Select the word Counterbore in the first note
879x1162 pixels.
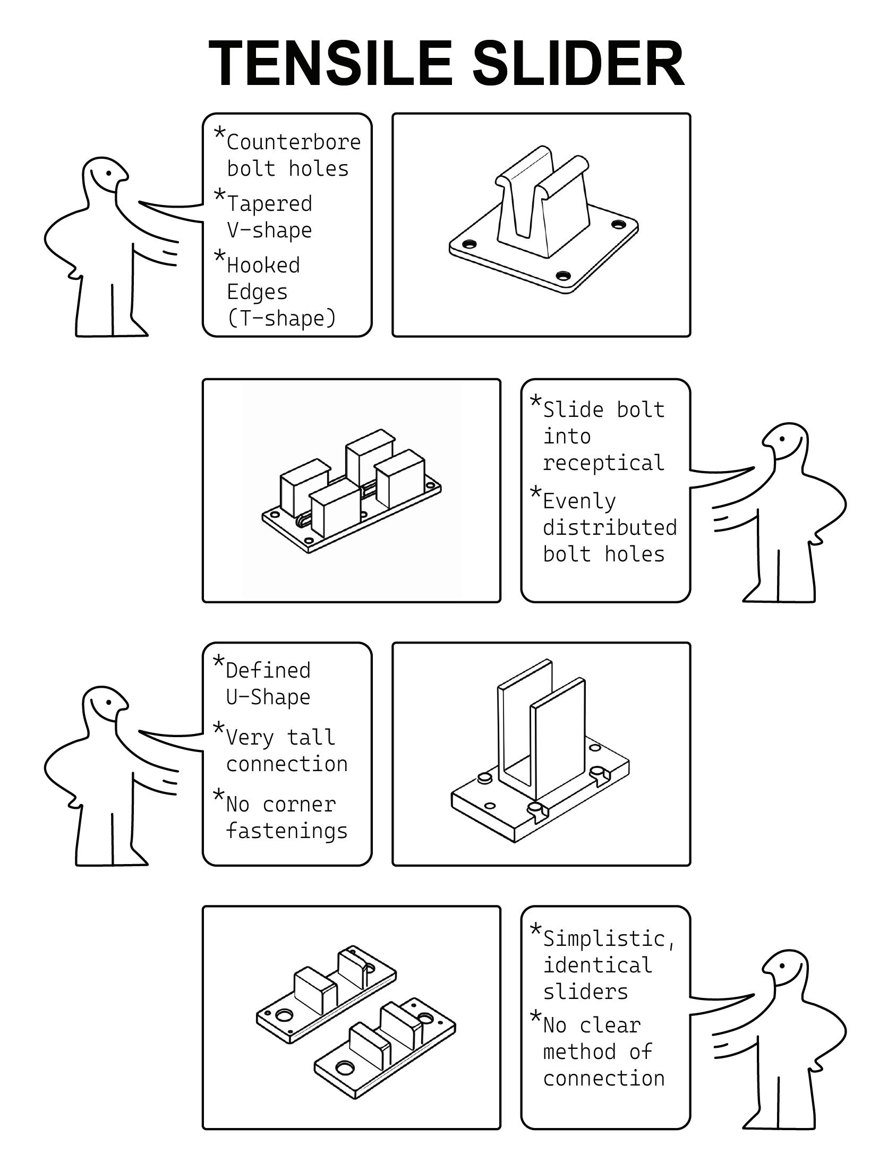294,142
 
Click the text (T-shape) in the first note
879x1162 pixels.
282,318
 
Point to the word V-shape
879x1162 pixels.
269,230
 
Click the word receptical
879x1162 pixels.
603,463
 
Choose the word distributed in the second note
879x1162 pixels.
610,527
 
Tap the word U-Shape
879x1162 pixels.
268,697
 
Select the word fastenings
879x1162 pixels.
287,831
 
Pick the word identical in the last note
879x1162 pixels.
597,965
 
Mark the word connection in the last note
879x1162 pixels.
603,1078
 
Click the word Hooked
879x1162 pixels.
263,265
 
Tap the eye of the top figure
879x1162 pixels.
109,173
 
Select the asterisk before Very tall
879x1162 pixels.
218,728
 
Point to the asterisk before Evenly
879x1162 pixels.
536,492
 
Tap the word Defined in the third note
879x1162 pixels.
268,670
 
